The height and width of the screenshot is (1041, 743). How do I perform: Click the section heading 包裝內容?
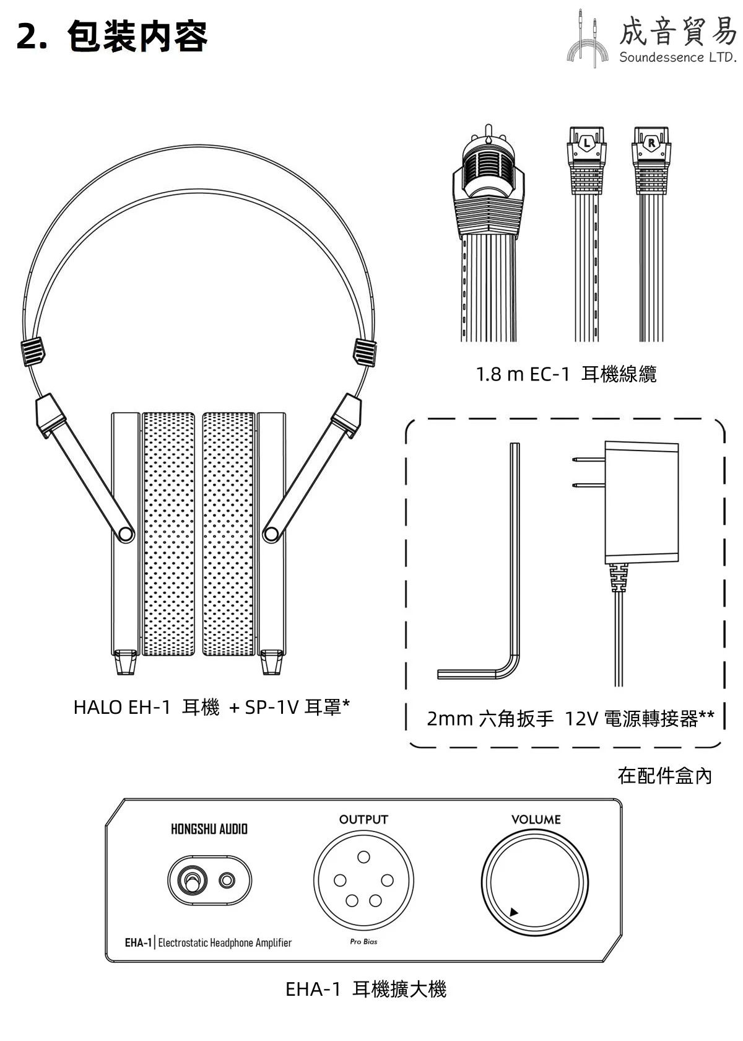click(137, 36)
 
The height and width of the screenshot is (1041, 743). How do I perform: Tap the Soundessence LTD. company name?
click(677, 57)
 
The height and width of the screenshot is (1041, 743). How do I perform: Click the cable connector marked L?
click(586, 160)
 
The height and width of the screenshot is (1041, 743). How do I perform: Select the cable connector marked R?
click(651, 160)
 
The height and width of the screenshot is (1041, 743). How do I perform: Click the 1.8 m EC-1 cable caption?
click(566, 374)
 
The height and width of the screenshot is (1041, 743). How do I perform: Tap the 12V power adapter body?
click(641, 503)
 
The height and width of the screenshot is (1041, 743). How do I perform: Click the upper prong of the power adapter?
click(588, 459)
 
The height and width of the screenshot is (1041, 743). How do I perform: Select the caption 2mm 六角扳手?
click(490, 719)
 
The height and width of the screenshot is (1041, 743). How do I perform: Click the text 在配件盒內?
click(664, 776)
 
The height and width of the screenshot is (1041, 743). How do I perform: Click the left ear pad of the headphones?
click(168, 534)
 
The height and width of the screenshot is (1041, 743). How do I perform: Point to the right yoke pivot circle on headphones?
click(271, 534)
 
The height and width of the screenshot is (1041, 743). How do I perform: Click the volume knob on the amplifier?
click(535, 882)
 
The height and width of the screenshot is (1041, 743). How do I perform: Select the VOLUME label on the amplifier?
click(536, 819)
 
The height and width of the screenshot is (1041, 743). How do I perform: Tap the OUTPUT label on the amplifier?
click(363, 819)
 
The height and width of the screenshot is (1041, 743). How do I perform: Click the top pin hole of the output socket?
click(363, 856)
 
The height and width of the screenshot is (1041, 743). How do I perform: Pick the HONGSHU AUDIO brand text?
click(209, 829)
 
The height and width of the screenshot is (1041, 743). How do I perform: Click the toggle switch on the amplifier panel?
click(191, 880)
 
